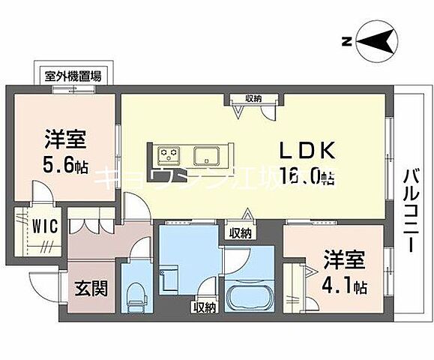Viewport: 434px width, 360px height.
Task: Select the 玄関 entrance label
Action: pyautogui.click(x=89, y=287)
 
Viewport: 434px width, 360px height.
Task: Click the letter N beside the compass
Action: pyautogui.click(x=346, y=42)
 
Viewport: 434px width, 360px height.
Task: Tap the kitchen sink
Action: pyautogui.click(x=205, y=156)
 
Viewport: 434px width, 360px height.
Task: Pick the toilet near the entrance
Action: pyautogui.click(x=136, y=295)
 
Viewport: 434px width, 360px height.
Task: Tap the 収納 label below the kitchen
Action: pyautogui.click(x=240, y=233)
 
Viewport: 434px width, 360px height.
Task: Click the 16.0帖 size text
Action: pyautogui.click(x=307, y=177)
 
